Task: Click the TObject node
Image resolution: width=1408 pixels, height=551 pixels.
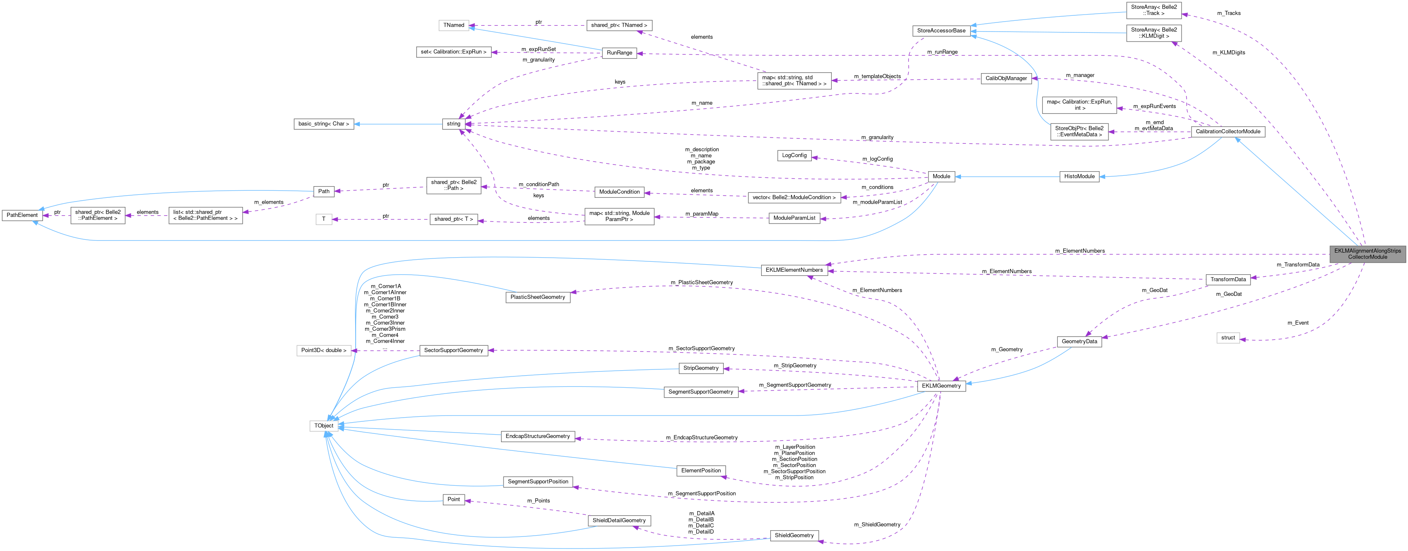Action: point(324,425)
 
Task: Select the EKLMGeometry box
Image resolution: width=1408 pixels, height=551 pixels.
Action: point(941,385)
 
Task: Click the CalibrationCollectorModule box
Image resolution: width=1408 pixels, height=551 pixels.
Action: point(1228,131)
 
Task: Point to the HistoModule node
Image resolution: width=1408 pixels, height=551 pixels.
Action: point(1079,176)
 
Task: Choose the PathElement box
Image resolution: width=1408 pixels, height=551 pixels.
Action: point(22,215)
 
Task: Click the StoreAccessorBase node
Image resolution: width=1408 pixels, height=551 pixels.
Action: point(941,31)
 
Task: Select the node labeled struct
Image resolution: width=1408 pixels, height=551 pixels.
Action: point(1228,337)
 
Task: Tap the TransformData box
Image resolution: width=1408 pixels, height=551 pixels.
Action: point(1228,279)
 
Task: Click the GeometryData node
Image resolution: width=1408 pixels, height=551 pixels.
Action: point(1079,341)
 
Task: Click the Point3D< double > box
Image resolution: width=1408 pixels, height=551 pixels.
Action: point(324,350)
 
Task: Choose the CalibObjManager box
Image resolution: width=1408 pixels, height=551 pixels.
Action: point(1006,78)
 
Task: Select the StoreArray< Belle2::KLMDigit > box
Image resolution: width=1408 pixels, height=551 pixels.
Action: point(1153,33)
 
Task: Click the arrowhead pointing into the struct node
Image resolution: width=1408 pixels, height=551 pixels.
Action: point(1243,339)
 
